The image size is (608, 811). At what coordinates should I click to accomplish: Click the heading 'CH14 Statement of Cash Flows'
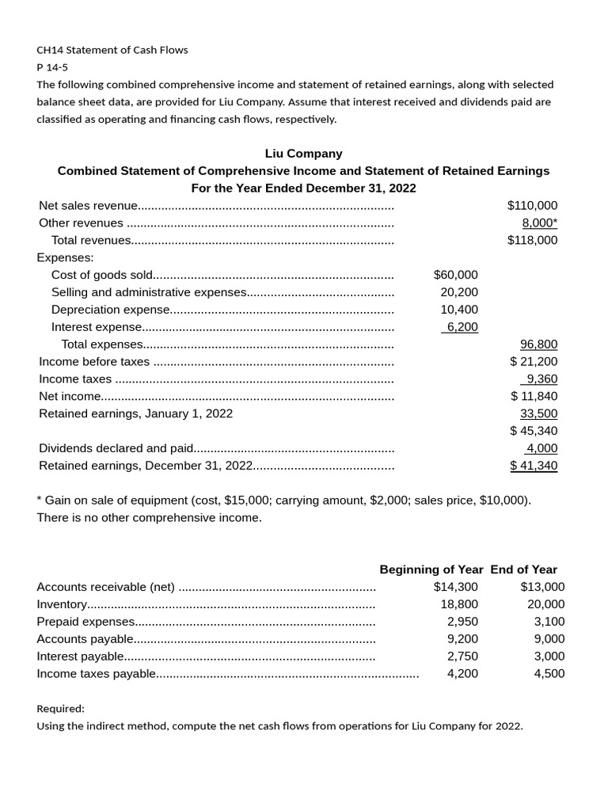tap(112, 50)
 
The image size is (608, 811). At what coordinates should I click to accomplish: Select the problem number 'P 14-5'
tap(52, 67)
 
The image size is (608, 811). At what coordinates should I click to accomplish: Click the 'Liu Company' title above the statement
tap(303, 154)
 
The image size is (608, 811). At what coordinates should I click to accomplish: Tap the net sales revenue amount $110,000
tap(532, 205)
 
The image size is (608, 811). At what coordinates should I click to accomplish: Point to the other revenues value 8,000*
tap(539, 223)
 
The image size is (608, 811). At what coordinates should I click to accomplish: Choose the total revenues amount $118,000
tap(532, 240)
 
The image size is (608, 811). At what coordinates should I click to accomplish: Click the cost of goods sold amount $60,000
tap(455, 275)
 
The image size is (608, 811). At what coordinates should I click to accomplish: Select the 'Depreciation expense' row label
tap(110, 310)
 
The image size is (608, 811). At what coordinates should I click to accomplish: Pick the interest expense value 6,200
tap(462, 327)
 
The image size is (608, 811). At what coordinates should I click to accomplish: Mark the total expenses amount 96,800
tap(538, 345)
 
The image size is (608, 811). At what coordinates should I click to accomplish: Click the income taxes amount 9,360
tap(542, 379)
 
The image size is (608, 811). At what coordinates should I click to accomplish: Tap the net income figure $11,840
tap(534, 396)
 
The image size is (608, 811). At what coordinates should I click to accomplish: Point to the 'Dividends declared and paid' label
tap(116, 448)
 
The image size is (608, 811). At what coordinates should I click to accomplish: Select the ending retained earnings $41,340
tap(534, 466)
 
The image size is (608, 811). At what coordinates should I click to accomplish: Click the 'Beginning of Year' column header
tap(431, 569)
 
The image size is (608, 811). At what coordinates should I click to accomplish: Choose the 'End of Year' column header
tap(523, 569)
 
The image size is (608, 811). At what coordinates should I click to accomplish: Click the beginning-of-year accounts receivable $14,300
tap(455, 587)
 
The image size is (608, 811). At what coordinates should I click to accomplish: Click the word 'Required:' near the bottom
tap(61, 709)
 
